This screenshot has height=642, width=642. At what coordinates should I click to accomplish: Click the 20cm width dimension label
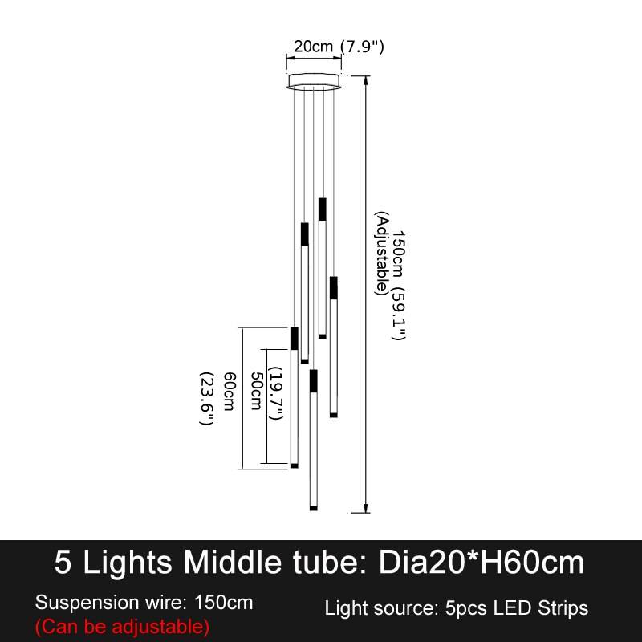click(313, 47)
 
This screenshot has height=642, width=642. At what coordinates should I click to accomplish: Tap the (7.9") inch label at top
click(363, 47)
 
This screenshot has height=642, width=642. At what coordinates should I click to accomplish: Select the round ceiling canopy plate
click(314, 81)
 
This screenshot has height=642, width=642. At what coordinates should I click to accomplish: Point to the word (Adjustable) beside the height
click(381, 253)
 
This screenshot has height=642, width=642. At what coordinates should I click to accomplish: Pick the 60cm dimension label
click(230, 392)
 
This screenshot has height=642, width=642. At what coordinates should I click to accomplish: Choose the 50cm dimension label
click(256, 391)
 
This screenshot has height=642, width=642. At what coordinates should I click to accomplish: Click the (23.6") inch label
click(207, 399)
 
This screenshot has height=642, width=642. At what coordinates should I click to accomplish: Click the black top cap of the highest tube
click(323, 209)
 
